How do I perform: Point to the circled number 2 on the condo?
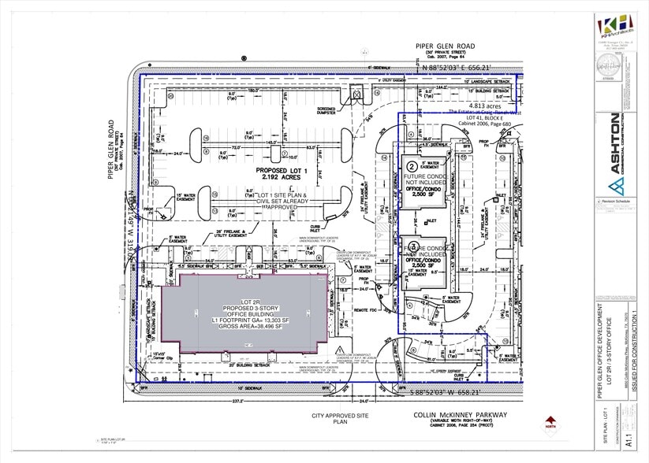[412, 166]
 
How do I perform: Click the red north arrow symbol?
[550, 421]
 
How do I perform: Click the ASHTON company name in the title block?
[614, 141]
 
